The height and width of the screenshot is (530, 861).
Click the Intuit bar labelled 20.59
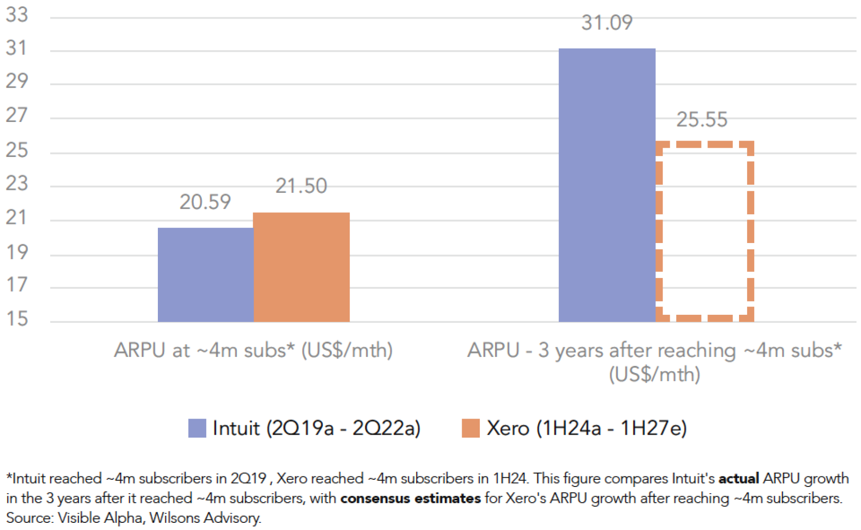(205, 275)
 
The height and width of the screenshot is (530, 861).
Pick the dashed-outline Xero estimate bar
(705, 232)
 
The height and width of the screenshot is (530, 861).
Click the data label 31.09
(607, 22)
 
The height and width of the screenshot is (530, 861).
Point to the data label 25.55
(702, 119)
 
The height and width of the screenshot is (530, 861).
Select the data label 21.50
(301, 186)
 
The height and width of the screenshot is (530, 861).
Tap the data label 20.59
(205, 202)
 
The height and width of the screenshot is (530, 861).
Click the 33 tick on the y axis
(17, 14)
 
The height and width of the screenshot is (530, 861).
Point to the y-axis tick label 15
(17, 319)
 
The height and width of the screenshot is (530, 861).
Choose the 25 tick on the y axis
(17, 150)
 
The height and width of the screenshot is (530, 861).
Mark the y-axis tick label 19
(17, 252)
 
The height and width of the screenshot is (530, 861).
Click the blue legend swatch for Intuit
(197, 428)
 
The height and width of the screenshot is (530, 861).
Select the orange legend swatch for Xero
(471, 428)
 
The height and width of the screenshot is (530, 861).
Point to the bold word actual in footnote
(739, 478)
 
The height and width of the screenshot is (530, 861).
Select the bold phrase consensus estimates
(410, 498)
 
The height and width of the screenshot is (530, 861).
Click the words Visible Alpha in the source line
(100, 518)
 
